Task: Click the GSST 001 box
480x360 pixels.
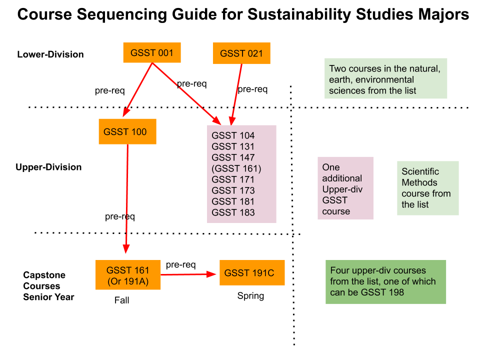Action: pos(151,52)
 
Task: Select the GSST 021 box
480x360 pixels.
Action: pos(241,53)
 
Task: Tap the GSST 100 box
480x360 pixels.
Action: pos(127,131)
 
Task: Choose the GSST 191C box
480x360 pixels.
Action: pos(252,273)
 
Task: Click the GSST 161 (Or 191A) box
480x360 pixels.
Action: pos(128,275)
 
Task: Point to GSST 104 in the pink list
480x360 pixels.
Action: pos(233,135)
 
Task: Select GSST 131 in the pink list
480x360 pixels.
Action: pos(233,146)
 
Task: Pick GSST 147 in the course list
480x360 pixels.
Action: pos(233,157)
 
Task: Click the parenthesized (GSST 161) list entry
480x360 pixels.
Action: pos(236,168)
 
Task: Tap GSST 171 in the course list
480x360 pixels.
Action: pos(233,179)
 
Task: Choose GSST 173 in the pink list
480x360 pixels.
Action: pos(233,190)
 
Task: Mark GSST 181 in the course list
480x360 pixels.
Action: pos(233,201)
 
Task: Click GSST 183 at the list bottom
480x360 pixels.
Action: pos(233,212)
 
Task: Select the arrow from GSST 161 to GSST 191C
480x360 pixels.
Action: pos(189,274)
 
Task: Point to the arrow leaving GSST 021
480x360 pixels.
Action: pos(236,92)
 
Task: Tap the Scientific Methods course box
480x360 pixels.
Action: pos(427,188)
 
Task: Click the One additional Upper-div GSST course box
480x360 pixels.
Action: pos(345,188)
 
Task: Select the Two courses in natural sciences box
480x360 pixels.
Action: pos(385,78)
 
